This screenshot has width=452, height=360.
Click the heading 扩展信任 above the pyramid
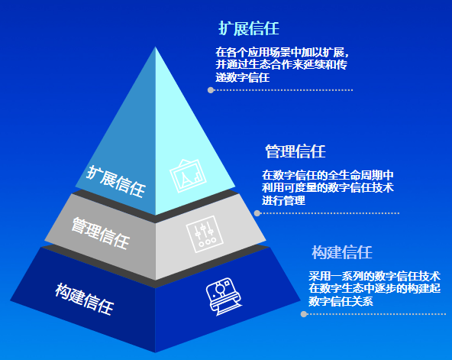(249, 28)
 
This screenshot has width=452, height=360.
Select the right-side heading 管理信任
(295, 151)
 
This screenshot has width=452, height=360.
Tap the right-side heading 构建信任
(342, 252)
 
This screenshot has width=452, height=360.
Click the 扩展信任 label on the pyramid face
(116, 182)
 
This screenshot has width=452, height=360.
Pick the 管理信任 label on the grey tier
(100, 233)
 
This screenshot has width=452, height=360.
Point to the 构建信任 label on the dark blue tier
(85, 299)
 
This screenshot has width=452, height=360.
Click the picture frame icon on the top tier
(188, 176)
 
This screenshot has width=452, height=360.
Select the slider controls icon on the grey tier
(205, 234)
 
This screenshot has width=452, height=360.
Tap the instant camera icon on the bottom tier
(224, 297)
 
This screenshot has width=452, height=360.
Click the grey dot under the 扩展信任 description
(211, 90)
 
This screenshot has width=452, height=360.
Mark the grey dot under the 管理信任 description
(257, 213)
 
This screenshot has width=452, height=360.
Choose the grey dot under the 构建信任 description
(304, 314)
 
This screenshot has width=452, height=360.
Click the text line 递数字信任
(243, 77)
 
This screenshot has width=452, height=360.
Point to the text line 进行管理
(284, 200)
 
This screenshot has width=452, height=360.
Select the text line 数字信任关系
(341, 301)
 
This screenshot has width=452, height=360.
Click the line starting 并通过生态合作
(281, 65)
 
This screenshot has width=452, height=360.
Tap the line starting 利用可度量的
(328, 188)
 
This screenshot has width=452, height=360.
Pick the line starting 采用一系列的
(374, 276)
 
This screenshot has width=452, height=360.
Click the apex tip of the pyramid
(156, 47)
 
